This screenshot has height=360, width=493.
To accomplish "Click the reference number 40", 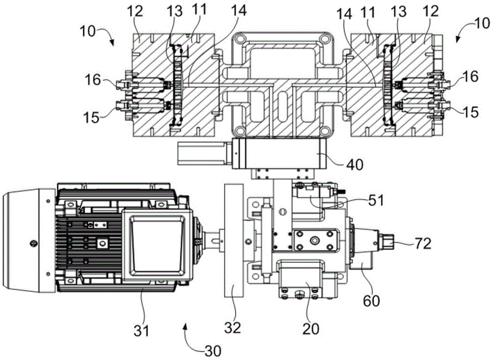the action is tap(354, 164).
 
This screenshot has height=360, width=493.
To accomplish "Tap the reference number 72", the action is tap(423, 243).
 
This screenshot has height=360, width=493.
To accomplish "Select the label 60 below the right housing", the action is tap(371, 301).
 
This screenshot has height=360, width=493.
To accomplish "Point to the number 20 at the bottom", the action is tap(311, 329).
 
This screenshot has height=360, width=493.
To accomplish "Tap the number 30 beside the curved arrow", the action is tap(213, 351).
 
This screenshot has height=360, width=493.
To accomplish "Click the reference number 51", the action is tap(376, 200).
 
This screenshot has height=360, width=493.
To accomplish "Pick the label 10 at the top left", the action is tap(88, 32).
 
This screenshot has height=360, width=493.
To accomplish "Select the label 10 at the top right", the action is tap(481, 23).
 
